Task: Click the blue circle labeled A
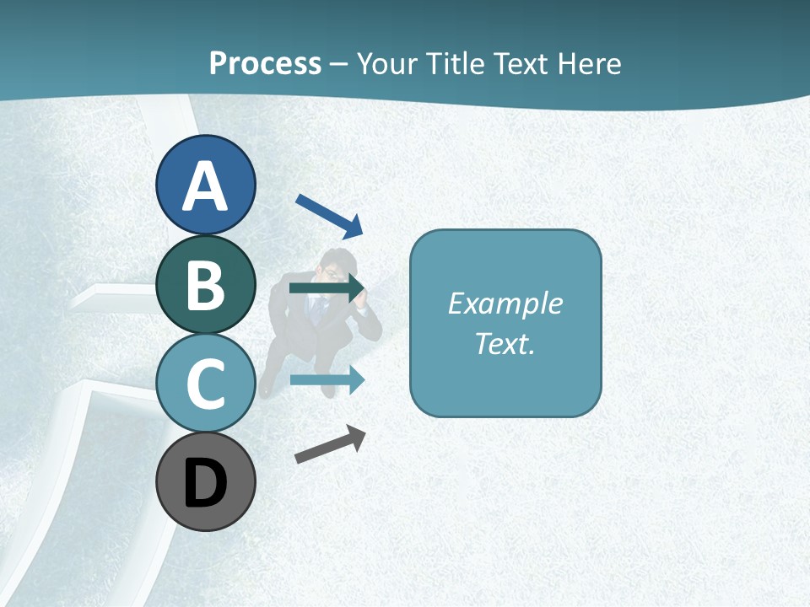click(205, 185)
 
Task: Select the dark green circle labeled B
click(205, 284)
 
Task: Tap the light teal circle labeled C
click(205, 383)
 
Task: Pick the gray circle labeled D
click(205, 481)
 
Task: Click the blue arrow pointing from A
click(329, 216)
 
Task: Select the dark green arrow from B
click(326, 288)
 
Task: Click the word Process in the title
click(265, 63)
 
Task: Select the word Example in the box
click(505, 303)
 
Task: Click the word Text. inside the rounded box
click(505, 343)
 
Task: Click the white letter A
click(205, 186)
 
